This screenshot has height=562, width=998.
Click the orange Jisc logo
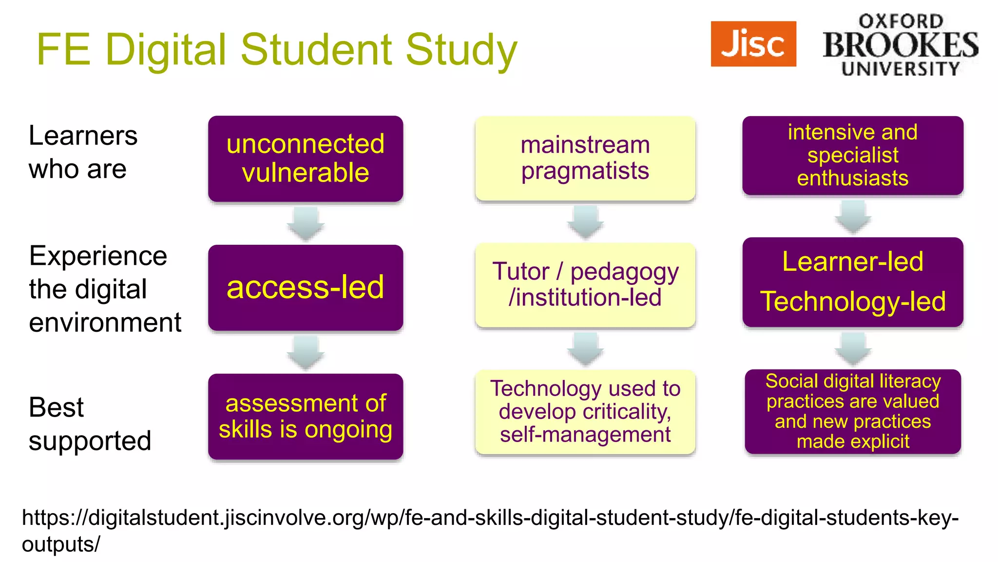[x=753, y=44]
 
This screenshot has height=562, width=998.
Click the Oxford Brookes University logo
[x=901, y=45]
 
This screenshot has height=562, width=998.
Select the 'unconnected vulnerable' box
[x=306, y=159]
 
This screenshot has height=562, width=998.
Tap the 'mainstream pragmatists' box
[x=585, y=158]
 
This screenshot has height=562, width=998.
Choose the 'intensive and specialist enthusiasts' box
[x=852, y=155]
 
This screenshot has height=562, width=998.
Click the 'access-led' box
[x=306, y=287]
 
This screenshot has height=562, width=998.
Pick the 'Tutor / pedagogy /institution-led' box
[x=585, y=285]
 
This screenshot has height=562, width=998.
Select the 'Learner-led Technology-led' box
[x=852, y=282]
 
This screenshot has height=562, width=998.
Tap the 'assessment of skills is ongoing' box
[x=306, y=416]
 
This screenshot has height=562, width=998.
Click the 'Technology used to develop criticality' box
[x=585, y=412]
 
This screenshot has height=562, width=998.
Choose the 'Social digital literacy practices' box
[x=852, y=411]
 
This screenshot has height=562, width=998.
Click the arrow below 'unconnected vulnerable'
[x=306, y=223]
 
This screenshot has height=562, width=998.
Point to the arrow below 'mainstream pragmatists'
[x=585, y=222]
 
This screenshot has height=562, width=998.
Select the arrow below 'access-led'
[x=306, y=352]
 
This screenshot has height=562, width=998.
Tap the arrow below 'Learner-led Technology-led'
[x=853, y=348]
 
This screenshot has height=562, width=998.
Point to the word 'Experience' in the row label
[x=98, y=256]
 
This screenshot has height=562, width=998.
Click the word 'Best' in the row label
[x=56, y=407]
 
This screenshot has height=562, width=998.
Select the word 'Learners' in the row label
[x=83, y=136]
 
